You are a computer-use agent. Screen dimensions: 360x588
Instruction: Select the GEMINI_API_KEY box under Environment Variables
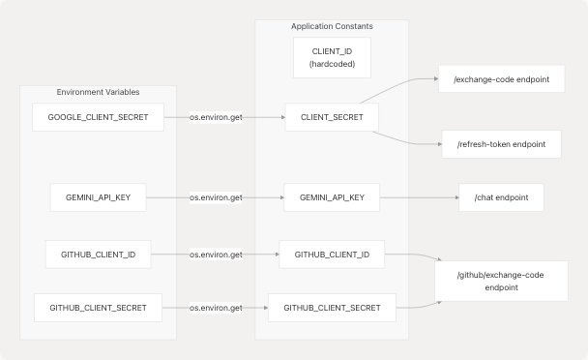(x=98, y=198)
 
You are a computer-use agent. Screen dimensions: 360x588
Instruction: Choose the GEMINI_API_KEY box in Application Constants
(x=331, y=198)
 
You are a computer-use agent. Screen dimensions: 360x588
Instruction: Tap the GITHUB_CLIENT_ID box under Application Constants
(x=332, y=255)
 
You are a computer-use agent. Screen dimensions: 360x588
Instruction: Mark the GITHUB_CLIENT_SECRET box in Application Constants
(x=332, y=308)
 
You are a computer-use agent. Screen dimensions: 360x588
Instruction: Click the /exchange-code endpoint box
(x=501, y=78)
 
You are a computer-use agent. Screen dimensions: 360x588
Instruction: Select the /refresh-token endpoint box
(x=501, y=144)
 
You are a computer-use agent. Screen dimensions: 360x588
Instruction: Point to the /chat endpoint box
(x=501, y=198)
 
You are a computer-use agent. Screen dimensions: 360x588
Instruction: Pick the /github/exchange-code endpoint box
(x=501, y=282)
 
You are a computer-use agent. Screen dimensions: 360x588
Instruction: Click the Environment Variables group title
(x=98, y=92)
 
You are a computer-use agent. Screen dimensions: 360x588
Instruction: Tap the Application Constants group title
(x=332, y=26)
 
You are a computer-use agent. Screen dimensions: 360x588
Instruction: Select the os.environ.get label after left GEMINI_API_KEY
(x=216, y=198)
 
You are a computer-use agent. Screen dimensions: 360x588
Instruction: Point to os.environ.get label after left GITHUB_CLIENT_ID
(x=216, y=255)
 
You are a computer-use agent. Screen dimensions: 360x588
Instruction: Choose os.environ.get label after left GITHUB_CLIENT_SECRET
(x=216, y=308)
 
